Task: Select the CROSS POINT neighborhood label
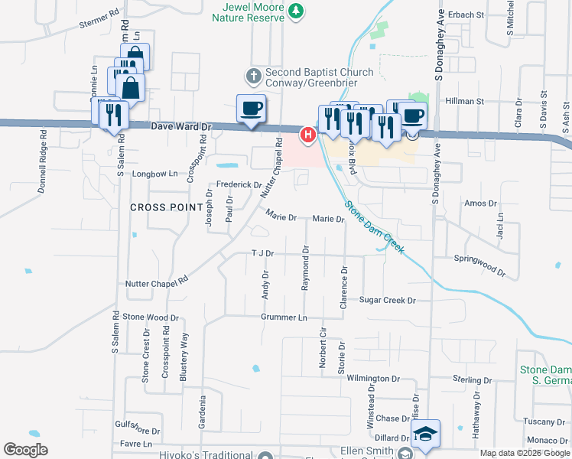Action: pos(158,207)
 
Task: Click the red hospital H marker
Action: pos(307,135)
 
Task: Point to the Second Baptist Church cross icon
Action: pos(254,76)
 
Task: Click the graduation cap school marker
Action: pos(425,435)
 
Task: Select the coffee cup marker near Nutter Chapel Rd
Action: pos(251,109)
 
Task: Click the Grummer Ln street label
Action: pos(284,317)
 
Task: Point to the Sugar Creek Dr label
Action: pos(387,301)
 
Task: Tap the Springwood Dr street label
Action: pos(479,265)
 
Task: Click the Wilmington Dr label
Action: pos(373,378)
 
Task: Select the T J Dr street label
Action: pos(262,253)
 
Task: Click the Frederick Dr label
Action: pos(239,184)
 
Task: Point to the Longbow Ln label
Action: pos(155,174)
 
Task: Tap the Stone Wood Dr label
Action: pos(151,317)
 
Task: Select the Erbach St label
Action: pos(466,15)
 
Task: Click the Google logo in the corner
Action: pos(25,450)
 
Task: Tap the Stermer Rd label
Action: pos(100,19)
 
